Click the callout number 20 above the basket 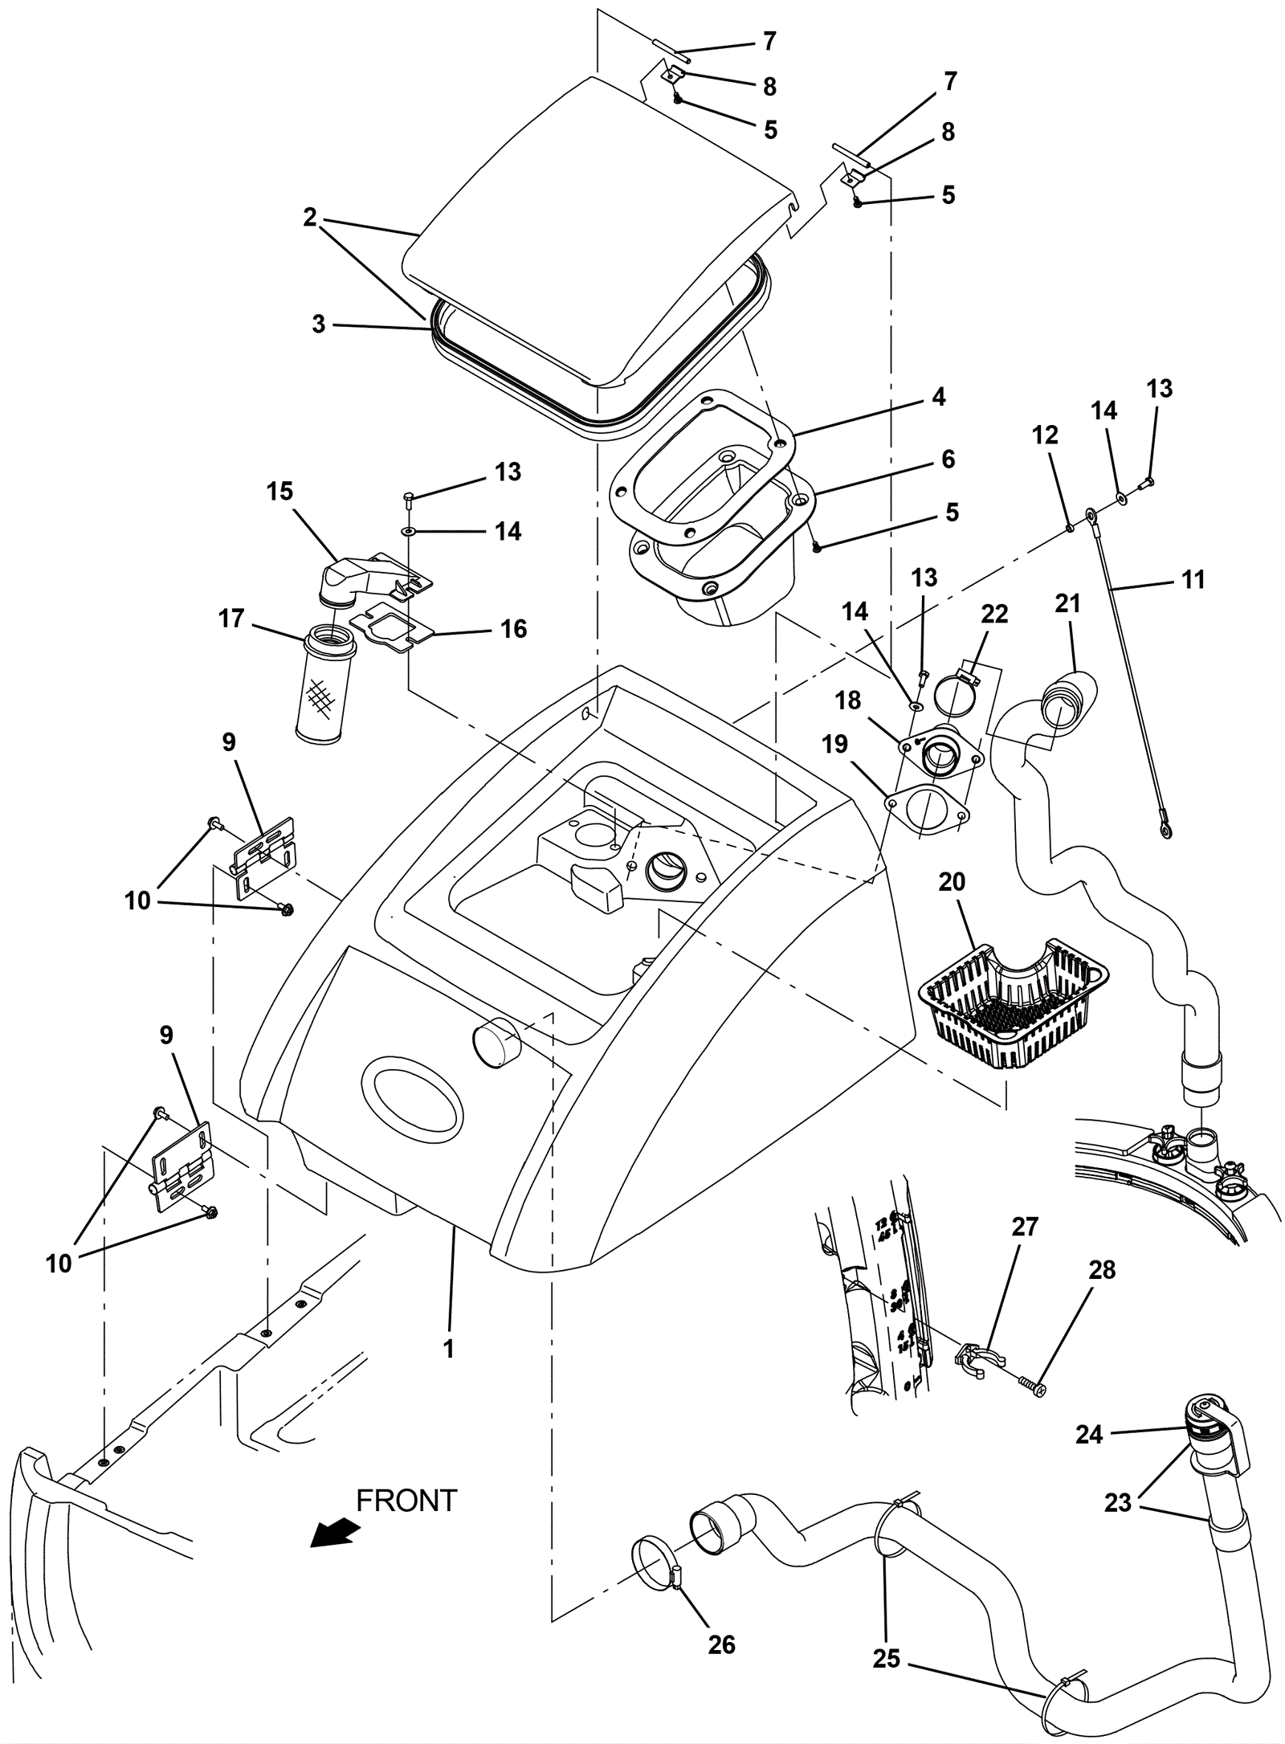[x=952, y=882]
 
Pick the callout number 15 [x=280, y=492]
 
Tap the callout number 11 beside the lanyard [x=1193, y=579]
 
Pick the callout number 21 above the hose [x=1067, y=603]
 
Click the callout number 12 [x=1045, y=435]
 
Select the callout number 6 [x=948, y=459]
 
